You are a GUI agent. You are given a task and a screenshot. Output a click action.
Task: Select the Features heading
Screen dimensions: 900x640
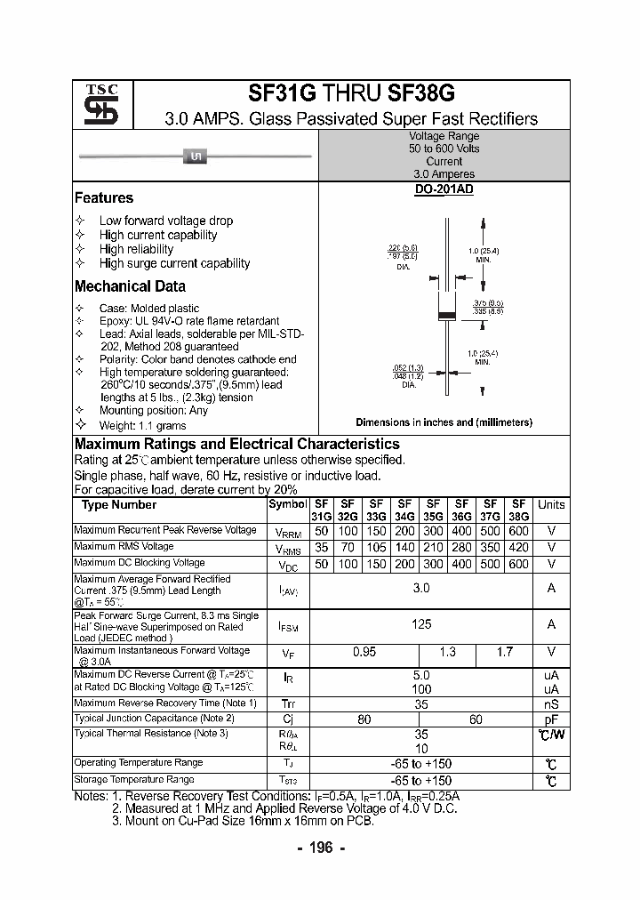(x=104, y=198)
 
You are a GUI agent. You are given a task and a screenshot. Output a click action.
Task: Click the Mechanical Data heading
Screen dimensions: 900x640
(x=130, y=286)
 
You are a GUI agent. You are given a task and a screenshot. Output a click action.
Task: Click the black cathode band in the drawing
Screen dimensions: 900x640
(x=448, y=316)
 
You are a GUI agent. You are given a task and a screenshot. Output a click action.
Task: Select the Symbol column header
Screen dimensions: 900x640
(x=287, y=504)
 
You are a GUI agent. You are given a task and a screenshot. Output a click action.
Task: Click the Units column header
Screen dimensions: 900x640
(x=551, y=504)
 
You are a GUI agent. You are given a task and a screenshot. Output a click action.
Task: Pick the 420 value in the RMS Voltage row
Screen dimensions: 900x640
(x=519, y=549)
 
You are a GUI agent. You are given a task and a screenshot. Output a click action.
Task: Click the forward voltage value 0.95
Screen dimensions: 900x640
(x=364, y=652)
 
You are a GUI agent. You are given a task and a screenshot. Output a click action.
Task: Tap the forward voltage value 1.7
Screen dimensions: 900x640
(x=504, y=652)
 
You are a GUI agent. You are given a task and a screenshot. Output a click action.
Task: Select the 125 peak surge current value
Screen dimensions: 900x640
(x=421, y=624)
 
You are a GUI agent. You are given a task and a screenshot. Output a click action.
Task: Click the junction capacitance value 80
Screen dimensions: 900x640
(x=364, y=719)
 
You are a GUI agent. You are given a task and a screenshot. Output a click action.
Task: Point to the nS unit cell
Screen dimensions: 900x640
(x=551, y=703)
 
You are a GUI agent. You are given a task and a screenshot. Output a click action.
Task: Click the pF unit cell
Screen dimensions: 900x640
(x=551, y=719)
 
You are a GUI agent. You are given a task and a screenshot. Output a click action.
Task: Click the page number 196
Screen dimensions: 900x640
(x=320, y=848)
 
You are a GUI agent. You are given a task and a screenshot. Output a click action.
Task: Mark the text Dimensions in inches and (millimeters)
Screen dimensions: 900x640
(x=444, y=422)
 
